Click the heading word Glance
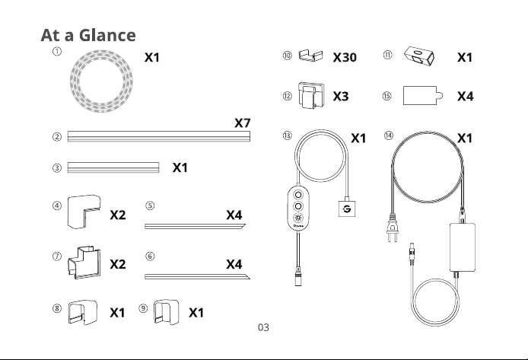tap(107, 35)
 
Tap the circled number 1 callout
tap(57, 52)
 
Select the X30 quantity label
tap(345, 57)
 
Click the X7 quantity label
tap(243, 123)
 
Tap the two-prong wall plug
tap(393, 228)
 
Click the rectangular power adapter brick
tap(463, 247)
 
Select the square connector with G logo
tap(347, 209)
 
